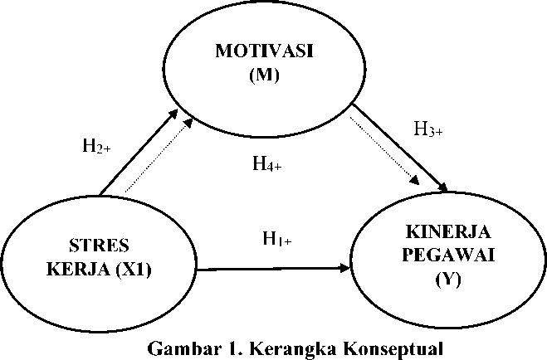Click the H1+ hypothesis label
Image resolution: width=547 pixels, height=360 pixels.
point(276,240)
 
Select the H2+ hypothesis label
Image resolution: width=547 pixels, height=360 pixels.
point(96,147)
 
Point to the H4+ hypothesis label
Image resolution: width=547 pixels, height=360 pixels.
point(267,163)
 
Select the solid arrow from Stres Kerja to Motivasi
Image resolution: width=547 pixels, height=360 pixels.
point(141,158)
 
